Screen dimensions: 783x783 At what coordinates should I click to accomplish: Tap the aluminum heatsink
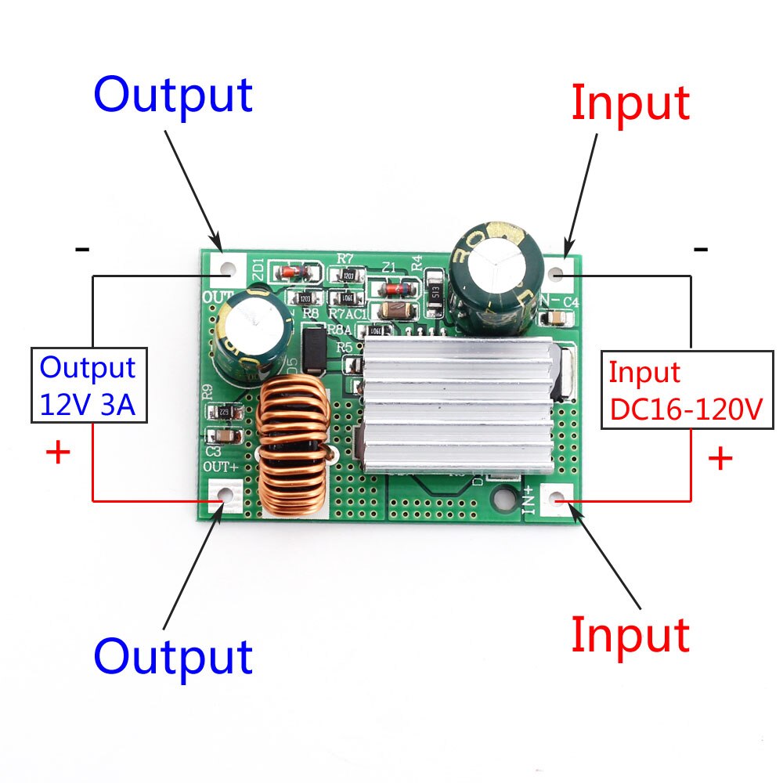pyautogui.click(x=458, y=407)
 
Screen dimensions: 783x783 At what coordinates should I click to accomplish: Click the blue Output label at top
pyautogui.click(x=173, y=96)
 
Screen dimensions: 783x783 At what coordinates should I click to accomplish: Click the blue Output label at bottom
pyautogui.click(x=173, y=656)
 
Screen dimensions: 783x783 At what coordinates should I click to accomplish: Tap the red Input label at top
pyautogui.click(x=630, y=103)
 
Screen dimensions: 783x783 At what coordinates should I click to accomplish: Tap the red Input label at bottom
pyautogui.click(x=630, y=634)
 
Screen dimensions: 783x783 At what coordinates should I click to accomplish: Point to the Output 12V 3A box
pyautogui.click(x=89, y=385)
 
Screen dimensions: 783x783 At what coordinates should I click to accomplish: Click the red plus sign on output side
pyautogui.click(x=59, y=453)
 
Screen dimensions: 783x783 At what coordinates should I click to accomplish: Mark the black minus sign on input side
pyautogui.click(x=701, y=250)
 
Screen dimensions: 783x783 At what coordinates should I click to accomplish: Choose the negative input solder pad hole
pyautogui.click(x=557, y=275)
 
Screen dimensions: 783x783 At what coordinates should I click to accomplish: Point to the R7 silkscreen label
pyautogui.click(x=344, y=258)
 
